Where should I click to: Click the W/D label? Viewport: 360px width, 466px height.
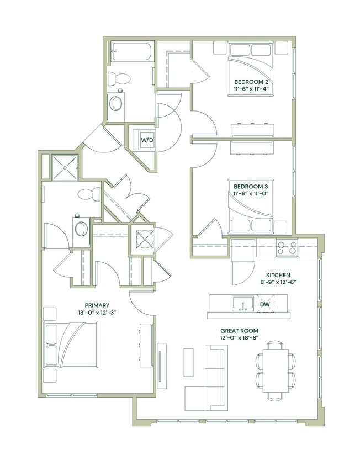tap(146, 140)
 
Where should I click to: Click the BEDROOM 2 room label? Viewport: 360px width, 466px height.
tap(251, 81)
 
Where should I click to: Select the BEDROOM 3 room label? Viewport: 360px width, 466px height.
tap(251, 186)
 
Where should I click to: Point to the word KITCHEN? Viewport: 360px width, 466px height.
tap(278, 275)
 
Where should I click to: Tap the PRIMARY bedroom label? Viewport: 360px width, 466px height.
tap(97, 305)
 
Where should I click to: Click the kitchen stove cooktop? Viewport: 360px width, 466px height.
tap(287, 248)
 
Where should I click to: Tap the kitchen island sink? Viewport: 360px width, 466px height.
tap(243, 303)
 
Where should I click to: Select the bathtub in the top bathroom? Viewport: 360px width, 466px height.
tap(131, 51)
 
